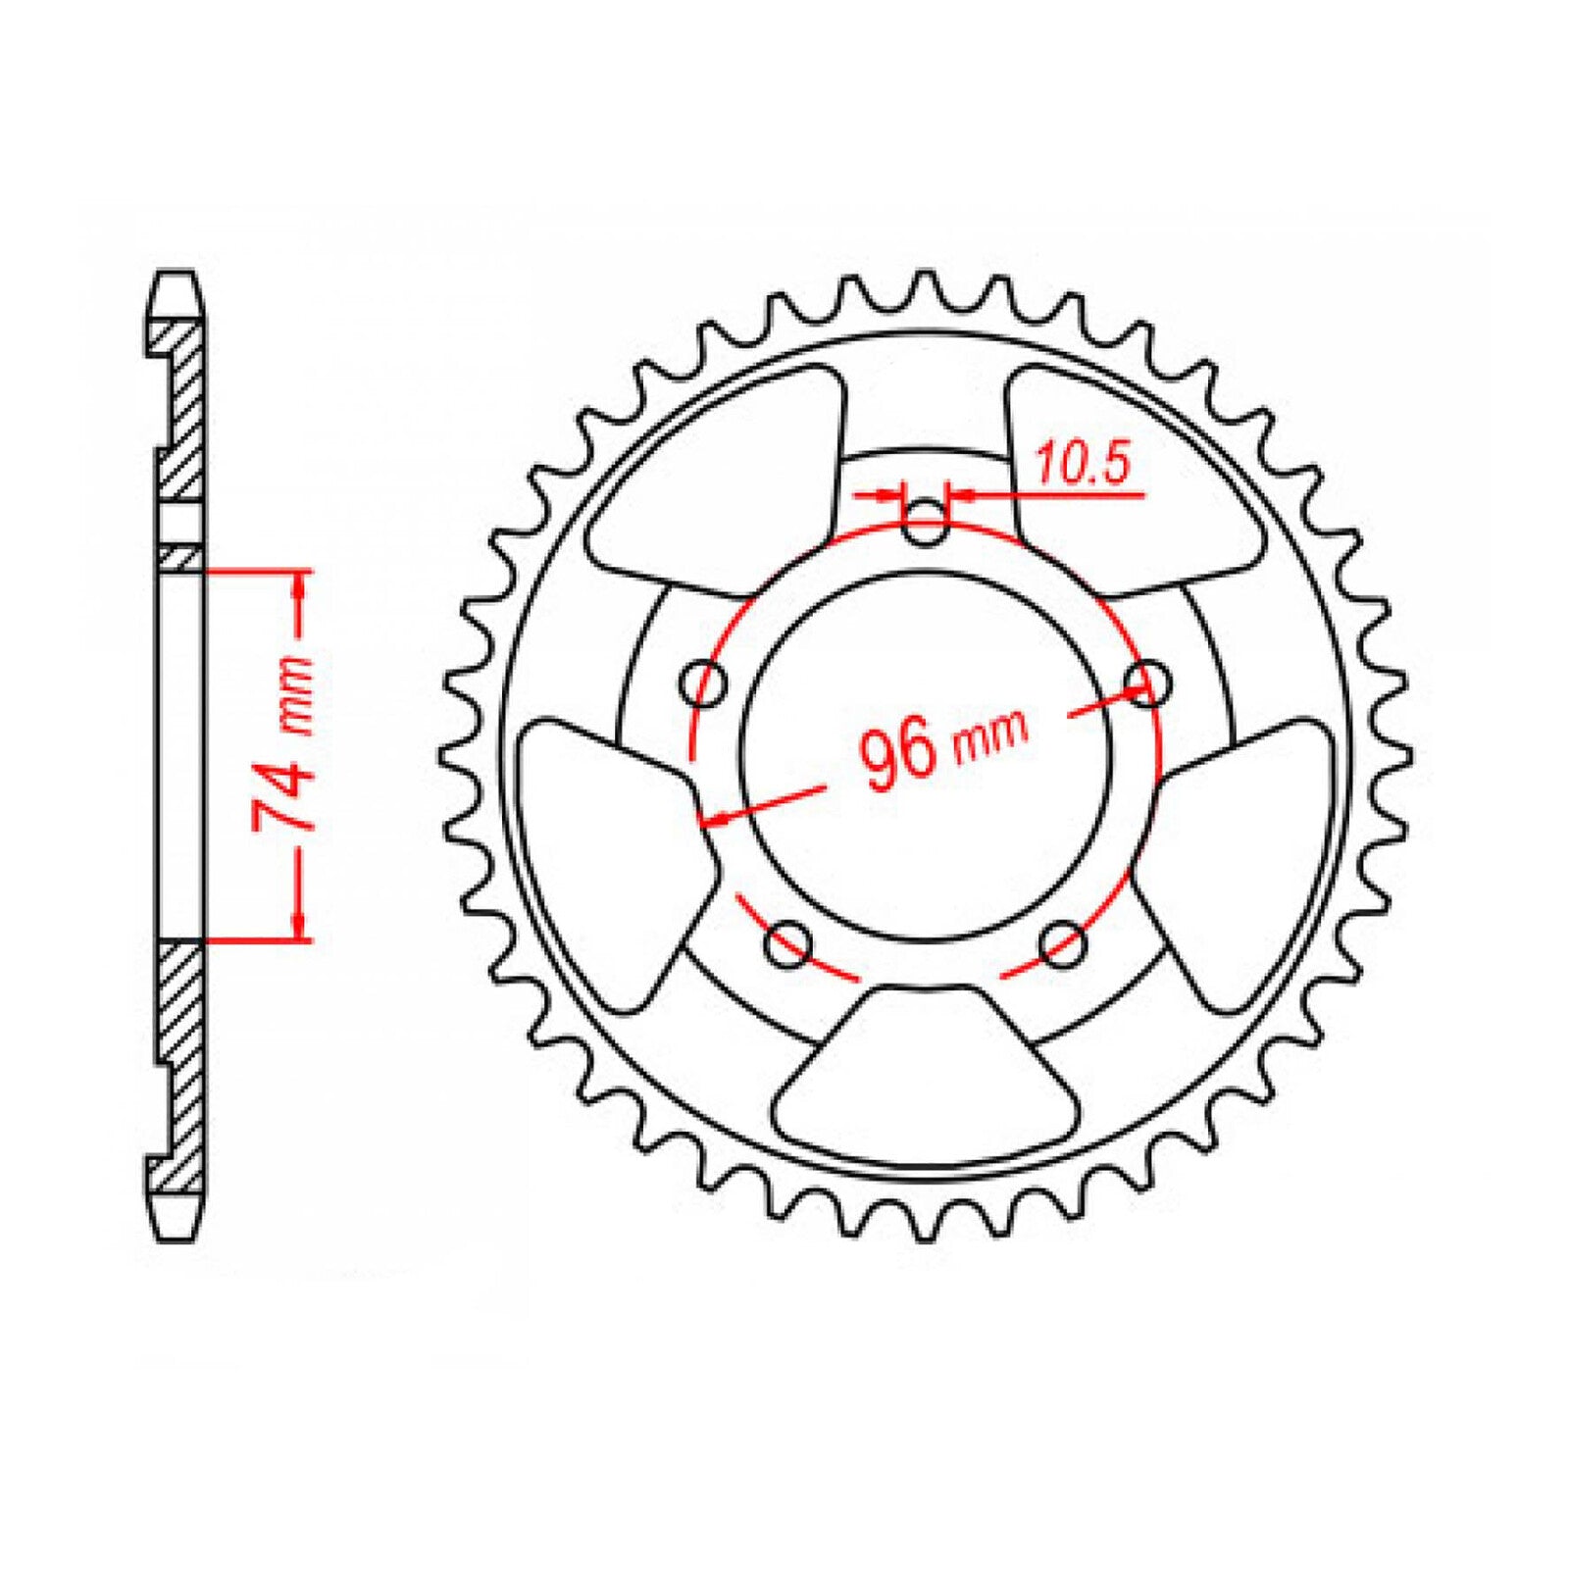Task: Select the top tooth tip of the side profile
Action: point(177,277)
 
